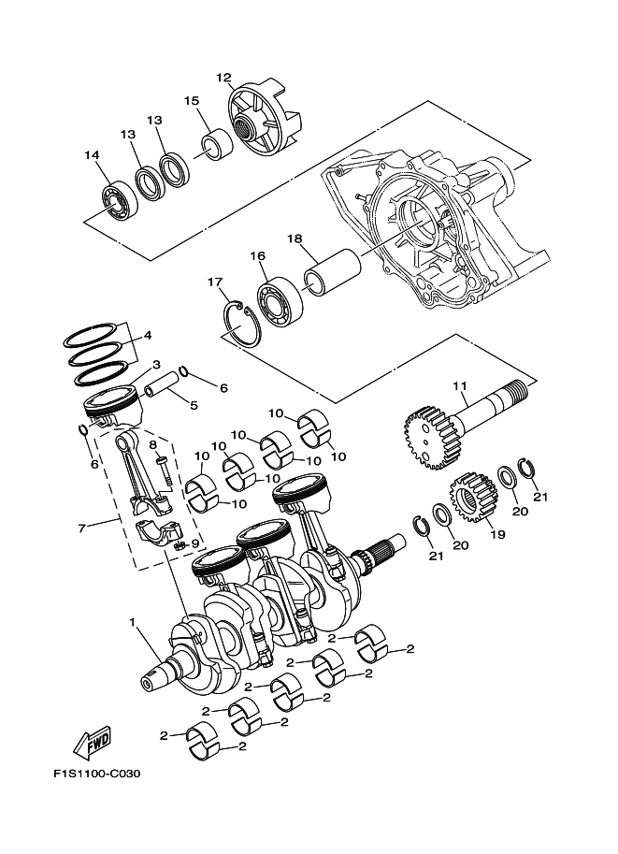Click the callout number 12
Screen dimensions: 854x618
pos(223,78)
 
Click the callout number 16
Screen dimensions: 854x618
pos(258,255)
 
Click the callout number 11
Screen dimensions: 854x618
pos(459,385)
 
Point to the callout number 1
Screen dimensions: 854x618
pos(133,622)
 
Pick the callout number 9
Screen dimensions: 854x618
pos(195,543)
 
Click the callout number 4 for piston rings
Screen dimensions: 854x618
pos(146,334)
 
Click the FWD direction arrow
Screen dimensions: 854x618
pos(93,744)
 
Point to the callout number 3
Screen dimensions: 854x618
pos(156,364)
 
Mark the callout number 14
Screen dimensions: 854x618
pos(91,155)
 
